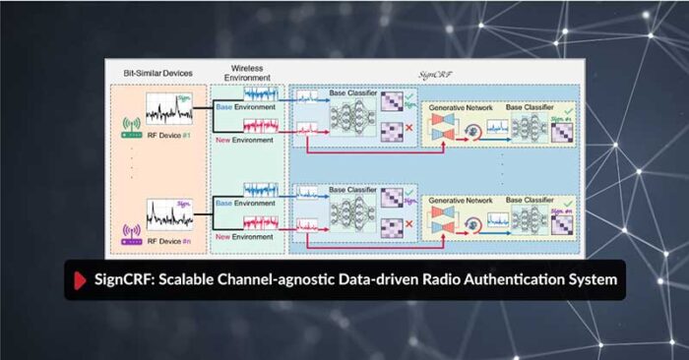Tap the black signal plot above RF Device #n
coord(169,213)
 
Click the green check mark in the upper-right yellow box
coord(571,104)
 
